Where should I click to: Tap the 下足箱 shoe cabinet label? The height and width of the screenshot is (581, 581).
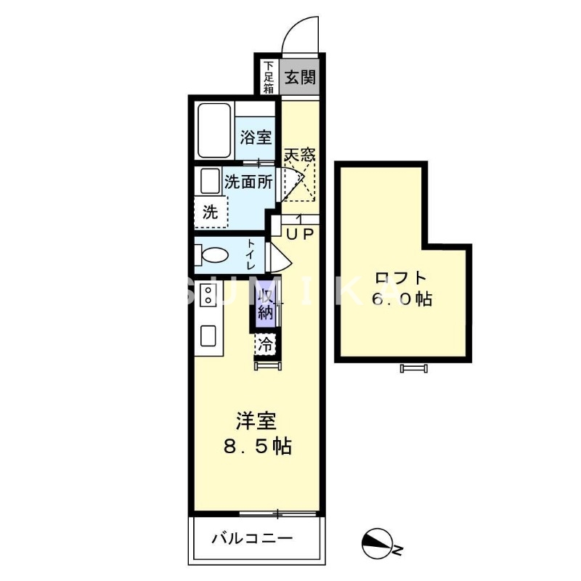(x=268, y=77)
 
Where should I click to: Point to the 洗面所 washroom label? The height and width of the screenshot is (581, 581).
(x=248, y=182)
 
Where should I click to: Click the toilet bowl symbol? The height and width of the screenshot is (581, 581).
(x=212, y=256)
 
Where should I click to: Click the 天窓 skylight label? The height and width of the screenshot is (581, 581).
(x=299, y=155)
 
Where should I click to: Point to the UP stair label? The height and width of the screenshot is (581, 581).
(x=298, y=234)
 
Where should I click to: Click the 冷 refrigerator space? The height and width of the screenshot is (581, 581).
(x=267, y=344)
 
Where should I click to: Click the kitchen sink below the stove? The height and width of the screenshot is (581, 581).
(x=208, y=336)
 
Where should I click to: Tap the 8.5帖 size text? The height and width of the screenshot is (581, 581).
(x=257, y=447)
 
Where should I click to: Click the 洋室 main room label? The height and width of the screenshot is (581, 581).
(x=256, y=420)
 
